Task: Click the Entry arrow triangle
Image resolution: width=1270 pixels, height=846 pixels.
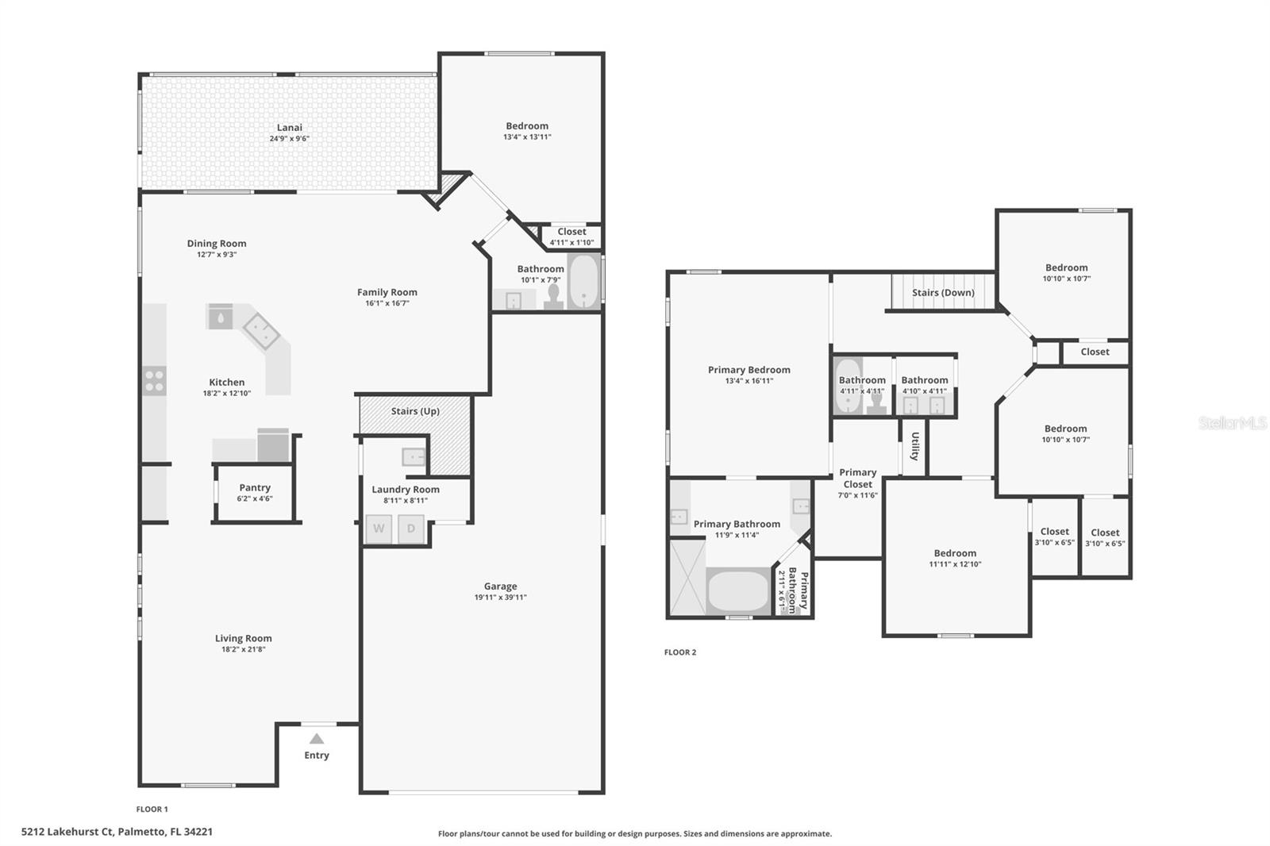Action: [x=317, y=738]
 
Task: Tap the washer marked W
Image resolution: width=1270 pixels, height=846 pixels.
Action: [x=379, y=529]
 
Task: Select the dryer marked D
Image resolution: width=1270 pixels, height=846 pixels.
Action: [x=410, y=529]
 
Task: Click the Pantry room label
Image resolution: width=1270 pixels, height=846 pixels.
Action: [x=255, y=487]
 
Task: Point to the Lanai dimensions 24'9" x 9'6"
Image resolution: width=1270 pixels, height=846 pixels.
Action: [x=289, y=138]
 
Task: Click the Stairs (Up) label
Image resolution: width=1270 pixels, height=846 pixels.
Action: [x=415, y=411]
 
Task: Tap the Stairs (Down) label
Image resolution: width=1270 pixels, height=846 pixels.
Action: [x=943, y=293]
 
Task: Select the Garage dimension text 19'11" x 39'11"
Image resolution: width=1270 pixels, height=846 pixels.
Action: [x=500, y=597]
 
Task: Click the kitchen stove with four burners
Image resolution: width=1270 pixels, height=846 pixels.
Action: [x=154, y=380]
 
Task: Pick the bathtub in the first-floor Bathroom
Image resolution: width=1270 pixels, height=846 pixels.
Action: [x=583, y=282]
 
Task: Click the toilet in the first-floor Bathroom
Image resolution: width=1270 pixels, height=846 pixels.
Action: [x=553, y=297]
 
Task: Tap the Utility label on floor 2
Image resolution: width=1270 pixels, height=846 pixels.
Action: [x=914, y=446]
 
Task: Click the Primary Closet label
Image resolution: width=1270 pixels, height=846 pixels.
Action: [x=858, y=478]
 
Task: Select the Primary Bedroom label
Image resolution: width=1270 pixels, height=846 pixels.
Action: [x=749, y=370]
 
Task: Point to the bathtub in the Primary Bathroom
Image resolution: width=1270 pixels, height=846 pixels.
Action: [x=737, y=591]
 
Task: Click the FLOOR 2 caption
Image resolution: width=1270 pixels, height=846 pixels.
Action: [x=680, y=652]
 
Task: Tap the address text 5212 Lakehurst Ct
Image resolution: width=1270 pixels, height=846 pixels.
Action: [x=67, y=832]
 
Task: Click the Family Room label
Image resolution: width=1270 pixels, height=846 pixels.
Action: [x=387, y=292]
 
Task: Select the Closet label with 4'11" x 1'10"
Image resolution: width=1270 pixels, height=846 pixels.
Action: [x=571, y=232]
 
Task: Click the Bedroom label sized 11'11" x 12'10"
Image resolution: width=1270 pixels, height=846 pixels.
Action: [x=956, y=553]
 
